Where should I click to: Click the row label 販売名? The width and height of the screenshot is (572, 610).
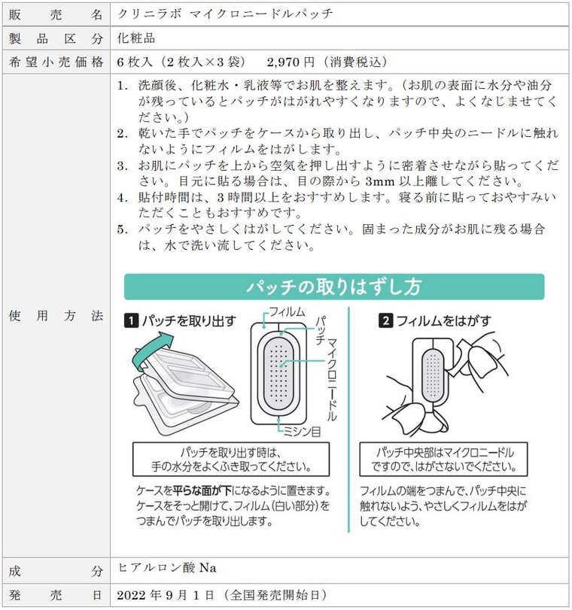tap(56, 14)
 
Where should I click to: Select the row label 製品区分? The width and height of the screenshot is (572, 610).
tap(56, 38)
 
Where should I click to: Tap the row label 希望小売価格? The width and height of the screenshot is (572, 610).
tap(56, 62)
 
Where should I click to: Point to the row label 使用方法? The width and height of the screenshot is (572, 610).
tap(56, 317)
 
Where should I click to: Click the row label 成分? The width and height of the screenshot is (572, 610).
tap(56, 571)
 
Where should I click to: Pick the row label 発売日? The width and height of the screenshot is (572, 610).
tap(56, 595)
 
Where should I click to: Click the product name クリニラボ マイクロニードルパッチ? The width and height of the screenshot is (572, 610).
tap(225, 14)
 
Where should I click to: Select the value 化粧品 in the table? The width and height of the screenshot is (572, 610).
tap(136, 38)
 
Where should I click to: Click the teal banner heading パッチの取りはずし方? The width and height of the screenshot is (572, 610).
tap(334, 287)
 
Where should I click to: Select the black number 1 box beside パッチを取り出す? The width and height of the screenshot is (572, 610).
tap(131, 321)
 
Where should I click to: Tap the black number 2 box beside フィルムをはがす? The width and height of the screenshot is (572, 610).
tap(385, 321)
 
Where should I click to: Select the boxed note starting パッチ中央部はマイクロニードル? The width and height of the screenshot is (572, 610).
tap(447, 458)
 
